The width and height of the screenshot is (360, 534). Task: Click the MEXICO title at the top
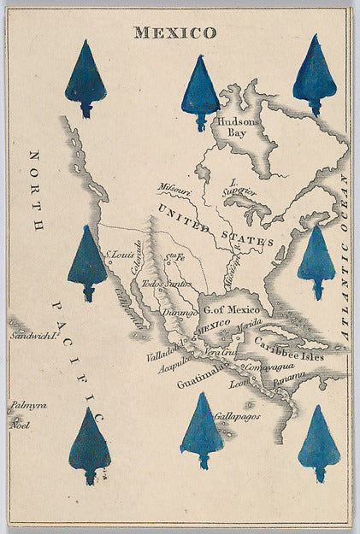[174, 33]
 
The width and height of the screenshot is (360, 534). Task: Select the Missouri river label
[173, 190]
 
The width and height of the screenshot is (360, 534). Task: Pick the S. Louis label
[120, 255]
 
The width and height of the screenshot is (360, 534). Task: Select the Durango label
[180, 314]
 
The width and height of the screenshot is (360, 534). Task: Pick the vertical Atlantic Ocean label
[344, 256]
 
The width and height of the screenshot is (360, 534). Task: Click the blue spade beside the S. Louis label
[87, 261]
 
